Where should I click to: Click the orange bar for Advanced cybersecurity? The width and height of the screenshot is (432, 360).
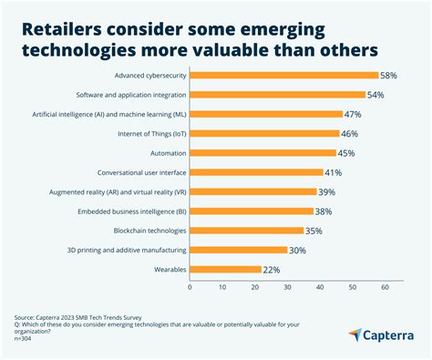pyautogui.click(x=283, y=76)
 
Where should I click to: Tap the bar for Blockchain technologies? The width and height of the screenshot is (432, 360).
pyautogui.click(x=246, y=231)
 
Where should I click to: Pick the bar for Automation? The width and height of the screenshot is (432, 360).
pyautogui.click(x=262, y=153)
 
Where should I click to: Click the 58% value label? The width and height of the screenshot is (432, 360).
pyautogui.click(x=389, y=76)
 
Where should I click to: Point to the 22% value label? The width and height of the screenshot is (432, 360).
pyautogui.click(x=272, y=269)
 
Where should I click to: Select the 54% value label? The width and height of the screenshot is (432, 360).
pyautogui.click(x=376, y=95)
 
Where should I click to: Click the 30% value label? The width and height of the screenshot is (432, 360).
pyautogui.click(x=298, y=250)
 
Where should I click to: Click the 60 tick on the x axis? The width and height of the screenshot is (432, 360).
pyautogui.click(x=385, y=287)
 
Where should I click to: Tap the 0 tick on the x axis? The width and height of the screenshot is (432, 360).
pyautogui.click(x=190, y=287)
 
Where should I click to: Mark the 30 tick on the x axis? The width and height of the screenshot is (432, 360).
pyautogui.click(x=287, y=287)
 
